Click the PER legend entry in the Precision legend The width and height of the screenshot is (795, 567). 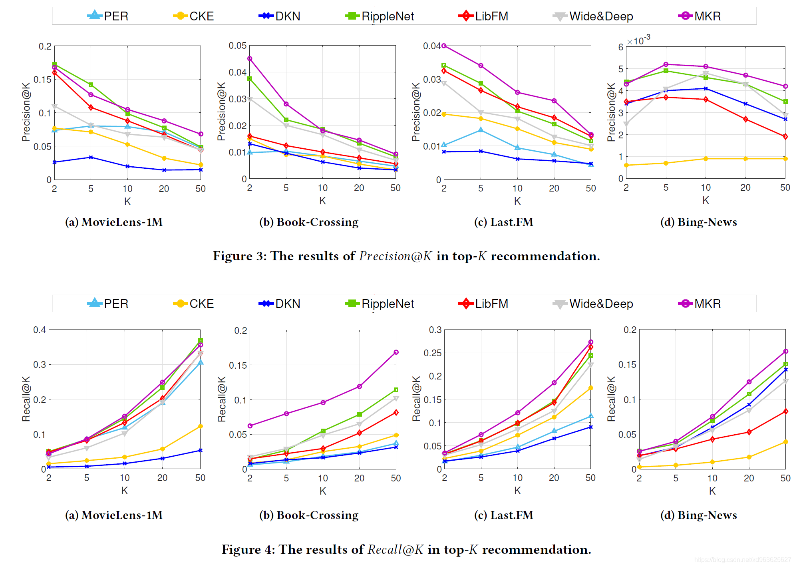[x=108, y=16]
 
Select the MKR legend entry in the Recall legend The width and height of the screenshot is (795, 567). [x=700, y=303]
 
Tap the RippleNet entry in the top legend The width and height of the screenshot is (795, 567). [x=380, y=16]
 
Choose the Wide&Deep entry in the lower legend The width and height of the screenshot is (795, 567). [x=593, y=303]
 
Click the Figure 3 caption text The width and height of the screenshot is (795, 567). [x=406, y=256]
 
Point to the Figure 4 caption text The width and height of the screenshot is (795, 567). [x=406, y=549]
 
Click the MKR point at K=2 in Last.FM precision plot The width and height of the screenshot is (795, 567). [x=444, y=46]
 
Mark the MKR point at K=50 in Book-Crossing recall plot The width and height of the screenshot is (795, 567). [x=396, y=352]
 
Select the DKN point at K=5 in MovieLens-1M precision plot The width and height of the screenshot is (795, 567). [x=91, y=157]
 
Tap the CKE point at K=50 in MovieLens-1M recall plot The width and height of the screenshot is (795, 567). [x=201, y=426]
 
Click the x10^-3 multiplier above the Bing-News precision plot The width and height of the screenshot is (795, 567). [x=638, y=40]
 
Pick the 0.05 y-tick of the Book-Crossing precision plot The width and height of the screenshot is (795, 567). [x=237, y=46]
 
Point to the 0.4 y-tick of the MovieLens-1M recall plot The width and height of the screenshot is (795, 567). [x=40, y=330]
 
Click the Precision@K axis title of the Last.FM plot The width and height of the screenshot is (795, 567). [x=416, y=112]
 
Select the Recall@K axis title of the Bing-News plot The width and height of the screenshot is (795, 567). [x=611, y=399]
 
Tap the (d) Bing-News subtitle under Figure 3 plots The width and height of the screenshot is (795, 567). [x=698, y=222]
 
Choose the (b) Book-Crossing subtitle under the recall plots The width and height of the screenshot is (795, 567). [x=309, y=515]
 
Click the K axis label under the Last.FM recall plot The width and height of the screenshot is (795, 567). [x=517, y=491]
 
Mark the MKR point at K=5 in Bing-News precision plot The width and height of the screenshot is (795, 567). [x=666, y=64]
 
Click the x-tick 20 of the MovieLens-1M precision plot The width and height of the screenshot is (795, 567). [x=164, y=189]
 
